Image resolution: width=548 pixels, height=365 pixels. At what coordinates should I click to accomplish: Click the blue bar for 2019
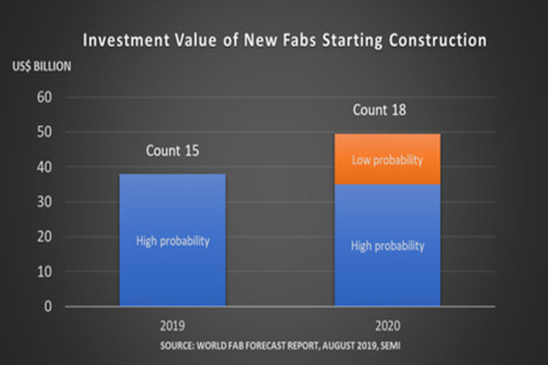(x=172, y=211)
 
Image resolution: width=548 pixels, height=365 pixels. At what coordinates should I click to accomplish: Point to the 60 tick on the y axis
(x=44, y=97)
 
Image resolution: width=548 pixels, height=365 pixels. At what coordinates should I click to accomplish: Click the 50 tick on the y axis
(x=44, y=132)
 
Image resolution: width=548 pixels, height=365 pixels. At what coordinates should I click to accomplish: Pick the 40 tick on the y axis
(x=44, y=167)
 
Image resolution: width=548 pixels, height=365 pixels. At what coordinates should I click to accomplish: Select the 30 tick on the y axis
(x=44, y=202)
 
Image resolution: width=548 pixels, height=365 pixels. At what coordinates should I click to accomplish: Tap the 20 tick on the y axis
(x=44, y=237)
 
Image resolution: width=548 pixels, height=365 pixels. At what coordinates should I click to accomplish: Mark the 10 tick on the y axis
(x=44, y=272)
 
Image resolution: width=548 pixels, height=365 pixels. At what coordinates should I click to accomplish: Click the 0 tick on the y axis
(x=47, y=307)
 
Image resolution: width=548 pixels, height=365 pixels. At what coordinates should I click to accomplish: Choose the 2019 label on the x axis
(x=172, y=326)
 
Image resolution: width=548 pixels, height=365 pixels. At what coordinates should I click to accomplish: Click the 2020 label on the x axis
(x=387, y=326)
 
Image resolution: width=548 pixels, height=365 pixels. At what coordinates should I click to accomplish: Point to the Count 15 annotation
(x=173, y=150)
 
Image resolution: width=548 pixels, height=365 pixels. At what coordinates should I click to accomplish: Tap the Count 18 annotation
(x=379, y=110)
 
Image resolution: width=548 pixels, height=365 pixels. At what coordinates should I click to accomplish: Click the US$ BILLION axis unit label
(x=40, y=67)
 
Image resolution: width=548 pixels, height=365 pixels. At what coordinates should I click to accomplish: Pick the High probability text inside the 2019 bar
(x=173, y=241)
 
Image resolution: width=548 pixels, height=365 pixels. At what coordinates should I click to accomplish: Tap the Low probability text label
(x=387, y=160)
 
